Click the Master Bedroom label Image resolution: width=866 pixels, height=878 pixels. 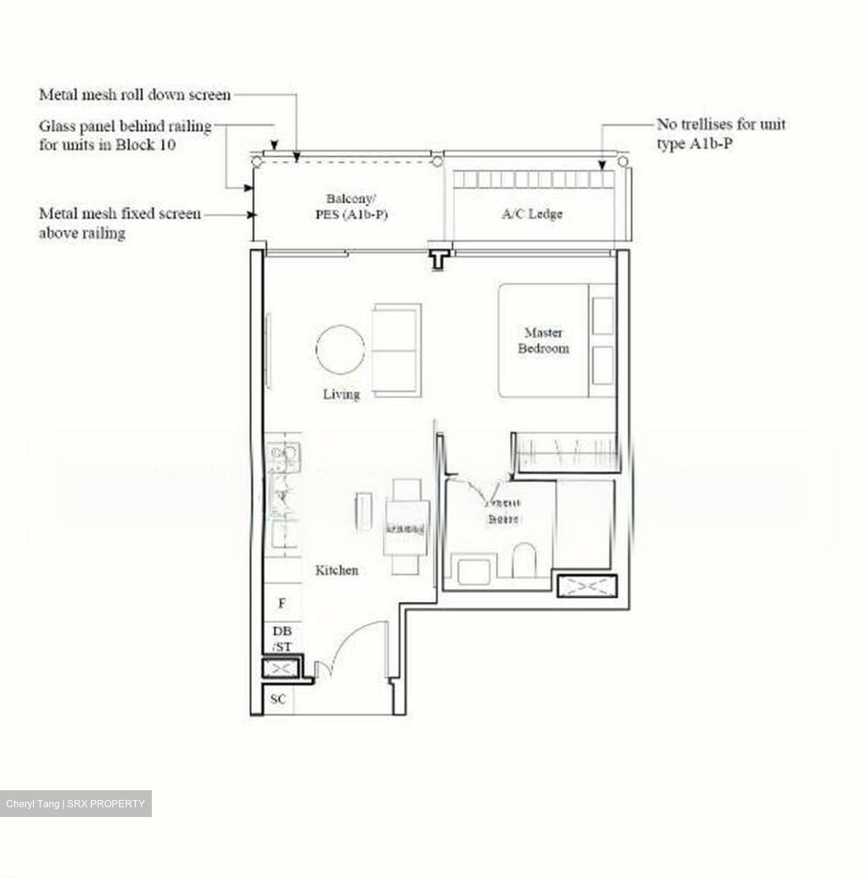pos(543,341)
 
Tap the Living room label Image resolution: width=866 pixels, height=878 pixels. pos(341,394)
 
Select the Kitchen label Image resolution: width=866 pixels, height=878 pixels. pos(337,571)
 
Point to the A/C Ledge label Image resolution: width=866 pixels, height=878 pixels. pos(532,214)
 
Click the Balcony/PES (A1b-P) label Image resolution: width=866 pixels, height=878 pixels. pos(351,207)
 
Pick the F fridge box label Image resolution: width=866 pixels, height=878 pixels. pos(282,604)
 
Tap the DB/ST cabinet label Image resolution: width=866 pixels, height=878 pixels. pos(282,638)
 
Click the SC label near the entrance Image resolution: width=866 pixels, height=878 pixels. pos(278,699)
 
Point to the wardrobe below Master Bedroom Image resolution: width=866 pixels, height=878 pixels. pos(564,452)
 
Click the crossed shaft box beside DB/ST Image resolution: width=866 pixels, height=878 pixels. pos(281,669)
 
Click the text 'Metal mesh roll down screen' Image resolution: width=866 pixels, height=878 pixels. pos(135,95)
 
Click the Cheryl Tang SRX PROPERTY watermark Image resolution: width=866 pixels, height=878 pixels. pos(76,804)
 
